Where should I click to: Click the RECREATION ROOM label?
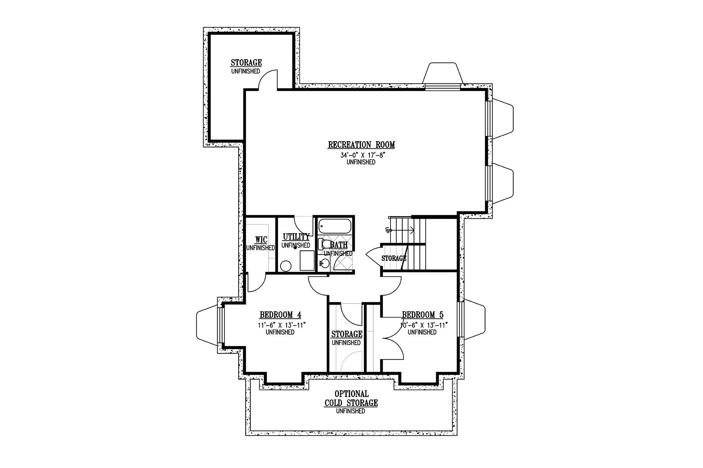tap(361, 145)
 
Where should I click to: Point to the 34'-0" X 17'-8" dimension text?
tap(361, 155)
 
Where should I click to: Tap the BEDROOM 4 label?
tap(280, 315)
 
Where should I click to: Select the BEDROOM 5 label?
tap(423, 315)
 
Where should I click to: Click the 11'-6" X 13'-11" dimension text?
tap(280, 325)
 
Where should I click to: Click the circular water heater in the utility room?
tap(286, 266)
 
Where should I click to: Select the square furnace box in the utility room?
tap(307, 261)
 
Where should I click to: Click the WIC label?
tap(261, 239)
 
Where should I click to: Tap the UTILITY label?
tap(296, 237)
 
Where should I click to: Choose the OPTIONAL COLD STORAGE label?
tap(351, 399)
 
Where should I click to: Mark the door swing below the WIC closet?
tap(257, 282)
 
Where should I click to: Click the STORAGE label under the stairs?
tap(394, 258)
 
